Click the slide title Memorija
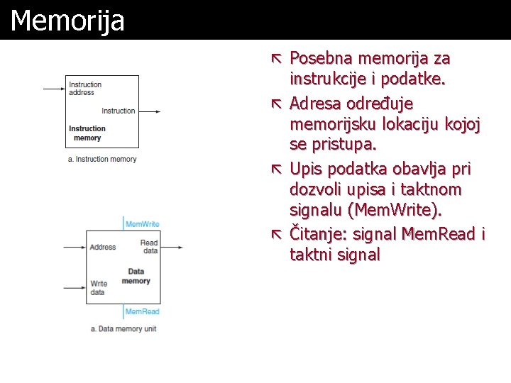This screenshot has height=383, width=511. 67,21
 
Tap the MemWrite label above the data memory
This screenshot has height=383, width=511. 142,224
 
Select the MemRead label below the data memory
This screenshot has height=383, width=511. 142,311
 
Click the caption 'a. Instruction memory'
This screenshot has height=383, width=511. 102,160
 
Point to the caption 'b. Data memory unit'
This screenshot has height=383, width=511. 123,329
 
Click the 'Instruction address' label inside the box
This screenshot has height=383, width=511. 85,89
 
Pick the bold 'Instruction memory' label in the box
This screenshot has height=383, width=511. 87,133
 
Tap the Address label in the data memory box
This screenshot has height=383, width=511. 103,248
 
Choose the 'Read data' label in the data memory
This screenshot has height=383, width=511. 149,246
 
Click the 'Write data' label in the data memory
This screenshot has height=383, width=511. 99,288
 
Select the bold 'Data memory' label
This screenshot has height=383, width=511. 136,276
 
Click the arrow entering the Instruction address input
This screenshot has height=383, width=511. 54,89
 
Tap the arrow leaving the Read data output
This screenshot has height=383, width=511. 171,247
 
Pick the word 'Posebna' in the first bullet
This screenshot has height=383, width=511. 323,58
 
